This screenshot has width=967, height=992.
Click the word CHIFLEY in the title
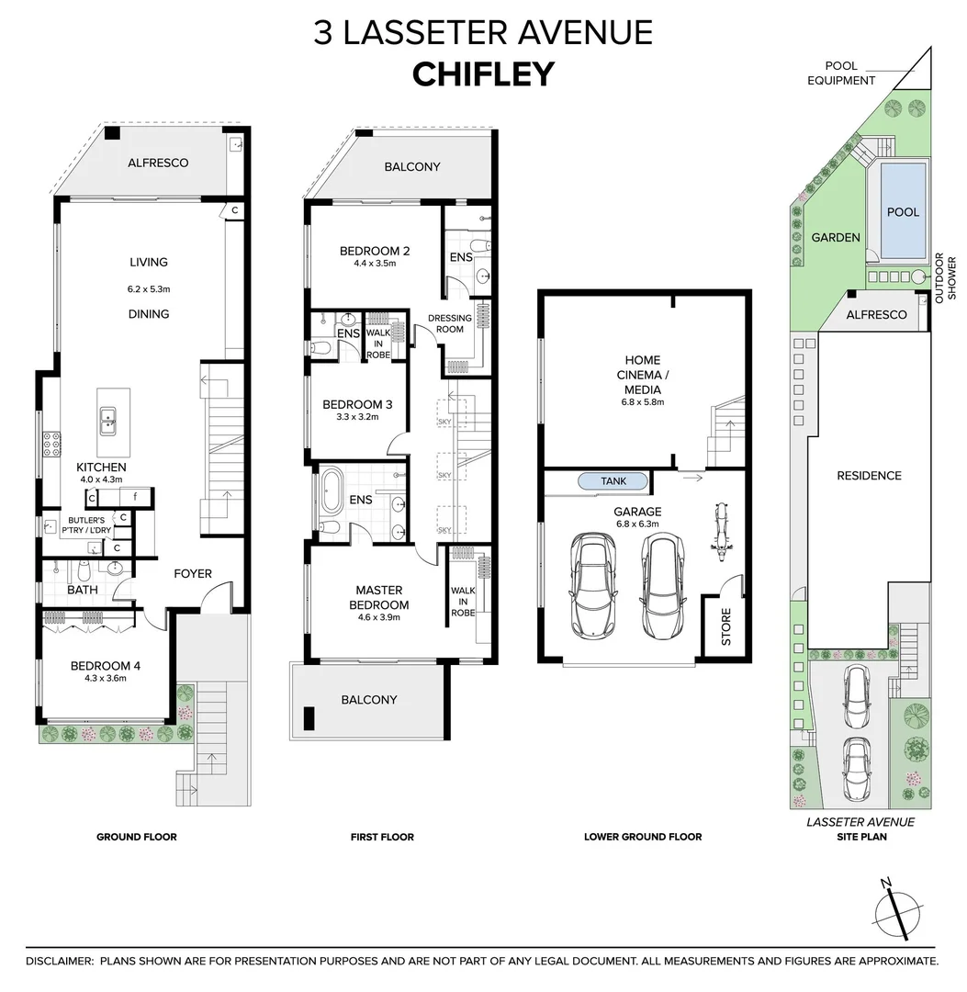tap(483, 73)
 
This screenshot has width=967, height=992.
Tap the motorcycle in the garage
tap(718, 537)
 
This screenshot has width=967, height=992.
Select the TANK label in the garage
tap(613, 481)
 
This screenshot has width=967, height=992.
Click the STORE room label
tap(725, 626)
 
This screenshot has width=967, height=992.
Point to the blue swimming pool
tap(902, 212)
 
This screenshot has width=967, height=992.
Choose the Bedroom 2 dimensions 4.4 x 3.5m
tap(374, 264)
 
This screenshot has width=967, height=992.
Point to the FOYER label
tap(193, 573)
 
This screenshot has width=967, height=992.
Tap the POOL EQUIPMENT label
tap(841, 73)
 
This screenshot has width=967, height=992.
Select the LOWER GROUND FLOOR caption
tap(643, 837)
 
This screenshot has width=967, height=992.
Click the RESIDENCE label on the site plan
tap(869, 476)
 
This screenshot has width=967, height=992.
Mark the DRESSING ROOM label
tap(450, 324)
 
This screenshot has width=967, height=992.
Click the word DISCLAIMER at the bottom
tap(60, 961)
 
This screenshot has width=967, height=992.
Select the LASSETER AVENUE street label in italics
tap(860, 823)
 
